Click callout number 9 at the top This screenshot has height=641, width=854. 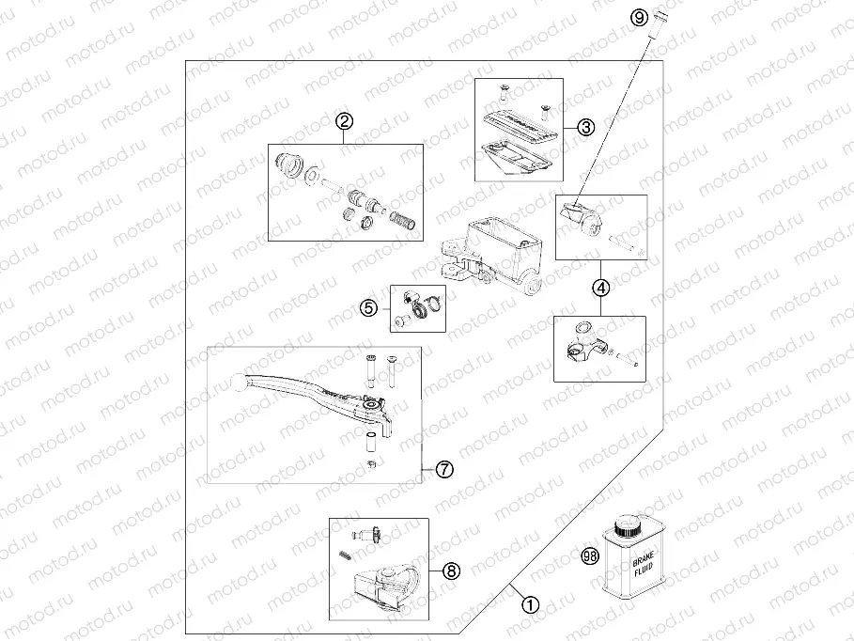click(639, 17)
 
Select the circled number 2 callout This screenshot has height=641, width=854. click(345, 121)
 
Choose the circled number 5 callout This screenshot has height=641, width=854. click(369, 306)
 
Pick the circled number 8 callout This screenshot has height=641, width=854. click(451, 570)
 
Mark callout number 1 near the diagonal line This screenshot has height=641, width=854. click(531, 604)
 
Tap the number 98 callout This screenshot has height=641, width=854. click(590, 556)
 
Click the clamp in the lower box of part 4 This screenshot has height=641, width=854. click(581, 350)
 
